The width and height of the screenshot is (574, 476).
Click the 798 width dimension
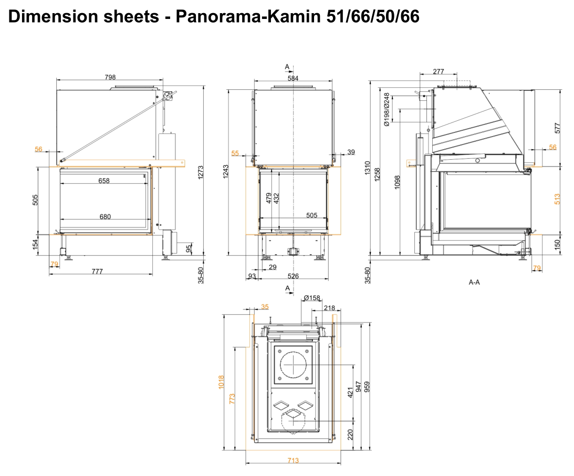pos(110,77)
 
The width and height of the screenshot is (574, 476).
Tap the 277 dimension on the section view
pos(439,71)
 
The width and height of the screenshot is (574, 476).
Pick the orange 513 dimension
pos(557,199)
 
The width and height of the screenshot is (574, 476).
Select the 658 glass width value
pos(104,181)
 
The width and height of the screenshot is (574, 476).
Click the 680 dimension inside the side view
pos(105,216)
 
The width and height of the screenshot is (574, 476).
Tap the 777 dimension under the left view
pos(97,271)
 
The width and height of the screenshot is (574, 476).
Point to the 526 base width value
pos(293,276)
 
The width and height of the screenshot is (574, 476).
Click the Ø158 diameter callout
pos(312,298)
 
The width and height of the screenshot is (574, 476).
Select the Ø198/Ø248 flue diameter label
pos(387,110)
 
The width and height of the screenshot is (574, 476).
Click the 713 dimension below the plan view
pos(293,461)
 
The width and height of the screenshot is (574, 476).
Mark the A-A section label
pos(474,282)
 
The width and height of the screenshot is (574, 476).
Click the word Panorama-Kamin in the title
pos(251,16)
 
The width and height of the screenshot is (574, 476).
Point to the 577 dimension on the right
pos(557,127)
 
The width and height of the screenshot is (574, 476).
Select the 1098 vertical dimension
pos(397,183)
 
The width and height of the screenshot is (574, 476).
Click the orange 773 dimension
pos(233,398)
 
